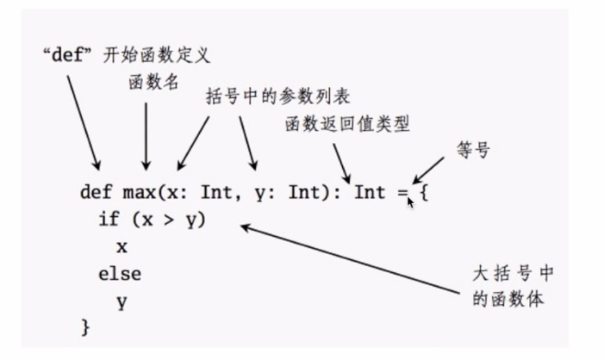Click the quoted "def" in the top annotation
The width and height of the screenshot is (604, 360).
click(x=67, y=54)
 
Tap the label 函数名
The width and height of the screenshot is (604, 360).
click(x=153, y=82)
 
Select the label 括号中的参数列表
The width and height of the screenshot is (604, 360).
click(x=277, y=96)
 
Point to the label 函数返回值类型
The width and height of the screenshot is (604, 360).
click(x=347, y=124)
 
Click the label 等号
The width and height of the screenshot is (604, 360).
click(x=473, y=150)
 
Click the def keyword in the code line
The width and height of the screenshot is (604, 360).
click(x=96, y=192)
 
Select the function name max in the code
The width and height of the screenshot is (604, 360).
click(x=139, y=193)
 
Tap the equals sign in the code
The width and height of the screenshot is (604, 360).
click(x=403, y=193)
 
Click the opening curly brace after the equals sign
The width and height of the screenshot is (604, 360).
click(x=424, y=192)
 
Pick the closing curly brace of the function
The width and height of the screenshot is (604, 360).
click(x=85, y=327)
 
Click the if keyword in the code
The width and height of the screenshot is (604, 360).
click(x=109, y=219)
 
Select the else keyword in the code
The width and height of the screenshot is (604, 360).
click(x=120, y=274)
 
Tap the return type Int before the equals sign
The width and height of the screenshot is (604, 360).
click(x=370, y=192)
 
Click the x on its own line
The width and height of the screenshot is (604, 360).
click(x=121, y=247)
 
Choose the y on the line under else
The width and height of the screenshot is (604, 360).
click(x=121, y=303)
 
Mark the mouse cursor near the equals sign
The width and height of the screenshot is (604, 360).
click(x=411, y=203)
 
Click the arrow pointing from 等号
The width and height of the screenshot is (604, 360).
click(x=428, y=171)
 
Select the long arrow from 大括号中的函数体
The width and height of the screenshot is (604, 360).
click(x=350, y=259)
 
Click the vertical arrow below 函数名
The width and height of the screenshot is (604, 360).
click(x=146, y=136)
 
